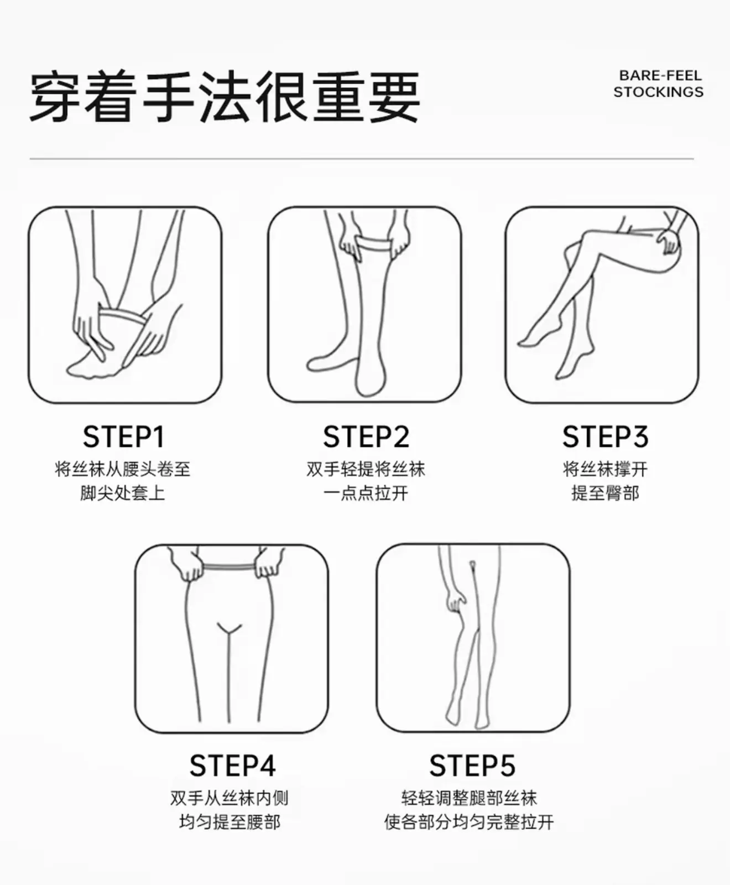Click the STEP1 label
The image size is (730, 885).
point(123,436)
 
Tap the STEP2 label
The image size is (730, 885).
point(366,436)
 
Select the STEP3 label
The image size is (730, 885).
point(605,436)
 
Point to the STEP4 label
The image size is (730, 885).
point(232,766)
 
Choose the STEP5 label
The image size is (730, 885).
point(472,766)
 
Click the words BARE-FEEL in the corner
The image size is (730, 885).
point(660,75)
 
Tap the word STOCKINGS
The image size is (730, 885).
point(658,92)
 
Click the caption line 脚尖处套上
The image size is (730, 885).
point(123,492)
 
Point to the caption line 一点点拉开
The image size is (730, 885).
point(366,492)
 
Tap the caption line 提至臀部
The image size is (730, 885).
point(605,492)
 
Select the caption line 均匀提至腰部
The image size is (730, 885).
point(230,821)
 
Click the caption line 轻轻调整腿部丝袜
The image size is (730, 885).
point(469,798)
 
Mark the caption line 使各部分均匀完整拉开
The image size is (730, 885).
point(469,821)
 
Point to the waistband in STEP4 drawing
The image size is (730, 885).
point(230,567)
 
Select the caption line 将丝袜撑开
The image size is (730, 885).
point(605,469)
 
